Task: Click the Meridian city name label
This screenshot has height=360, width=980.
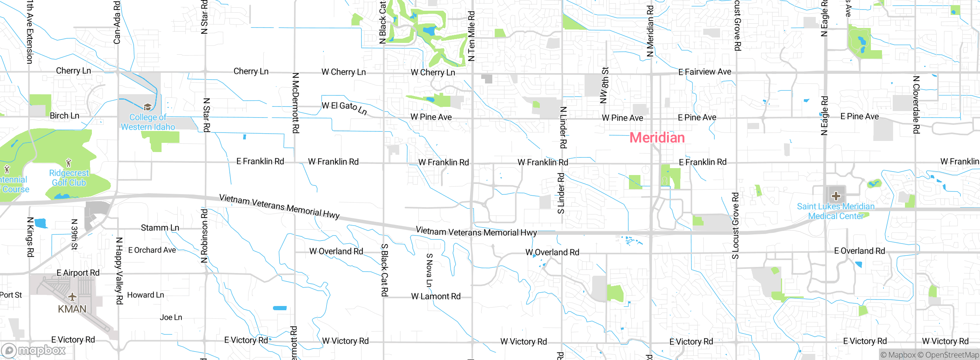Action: pyautogui.click(x=657, y=138)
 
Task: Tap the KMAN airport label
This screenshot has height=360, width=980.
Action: pyautogui.click(x=72, y=309)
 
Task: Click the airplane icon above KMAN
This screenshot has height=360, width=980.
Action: pyautogui.click(x=72, y=297)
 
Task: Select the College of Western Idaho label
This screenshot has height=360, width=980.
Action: pyautogui.click(x=148, y=122)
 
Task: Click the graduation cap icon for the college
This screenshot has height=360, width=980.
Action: pyautogui.click(x=148, y=106)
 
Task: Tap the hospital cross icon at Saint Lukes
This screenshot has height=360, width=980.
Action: pyautogui.click(x=836, y=196)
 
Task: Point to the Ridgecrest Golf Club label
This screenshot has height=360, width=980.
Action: pyautogui.click(x=69, y=178)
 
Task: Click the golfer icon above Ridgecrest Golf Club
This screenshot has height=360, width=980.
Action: pyautogui.click(x=69, y=163)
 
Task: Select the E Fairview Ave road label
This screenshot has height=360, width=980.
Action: pyautogui.click(x=704, y=72)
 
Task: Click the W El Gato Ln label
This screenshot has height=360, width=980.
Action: pyautogui.click(x=344, y=108)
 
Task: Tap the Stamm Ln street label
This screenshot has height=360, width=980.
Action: pyautogui.click(x=160, y=228)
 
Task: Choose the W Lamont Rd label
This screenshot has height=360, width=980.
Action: pyautogui.click(x=436, y=296)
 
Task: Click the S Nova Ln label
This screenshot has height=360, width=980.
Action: pyautogui.click(x=429, y=270)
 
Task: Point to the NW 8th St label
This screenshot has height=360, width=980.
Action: pyautogui.click(x=604, y=85)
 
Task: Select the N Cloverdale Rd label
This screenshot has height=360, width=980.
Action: pyautogui.click(x=916, y=105)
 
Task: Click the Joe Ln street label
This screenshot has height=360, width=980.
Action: pyautogui.click(x=171, y=317)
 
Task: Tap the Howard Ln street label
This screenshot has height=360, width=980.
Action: pyautogui.click(x=145, y=295)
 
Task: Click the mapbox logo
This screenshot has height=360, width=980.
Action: pyautogui.click(x=34, y=350)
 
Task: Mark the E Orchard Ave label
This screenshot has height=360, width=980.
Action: pyautogui.click(x=152, y=250)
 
